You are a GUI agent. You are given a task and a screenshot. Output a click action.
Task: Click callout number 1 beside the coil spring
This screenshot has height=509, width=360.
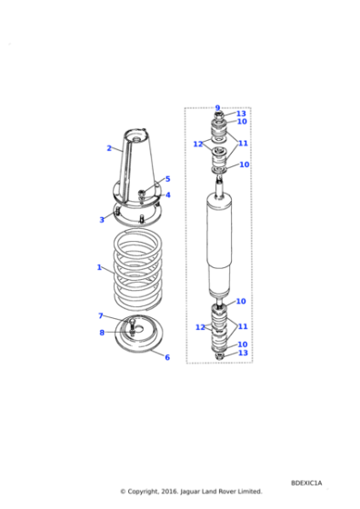click(99, 267)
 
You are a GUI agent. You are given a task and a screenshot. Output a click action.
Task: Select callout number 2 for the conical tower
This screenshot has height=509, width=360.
click(108, 148)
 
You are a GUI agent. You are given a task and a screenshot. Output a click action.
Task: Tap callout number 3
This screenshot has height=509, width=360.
click(102, 219)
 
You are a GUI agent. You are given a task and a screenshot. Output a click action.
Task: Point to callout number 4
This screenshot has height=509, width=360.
click(167, 195)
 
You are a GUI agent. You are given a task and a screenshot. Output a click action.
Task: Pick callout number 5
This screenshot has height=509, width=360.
click(167, 179)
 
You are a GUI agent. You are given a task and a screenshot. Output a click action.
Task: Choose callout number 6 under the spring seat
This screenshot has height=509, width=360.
click(166, 357)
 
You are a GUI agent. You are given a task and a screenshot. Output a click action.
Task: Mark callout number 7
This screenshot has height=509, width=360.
click(101, 315)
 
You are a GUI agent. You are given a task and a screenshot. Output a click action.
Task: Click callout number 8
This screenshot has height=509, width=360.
click(101, 333)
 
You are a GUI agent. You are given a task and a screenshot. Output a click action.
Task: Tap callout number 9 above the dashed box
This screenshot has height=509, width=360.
click(217, 107)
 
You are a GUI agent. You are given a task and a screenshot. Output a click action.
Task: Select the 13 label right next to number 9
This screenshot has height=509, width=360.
click(242, 114)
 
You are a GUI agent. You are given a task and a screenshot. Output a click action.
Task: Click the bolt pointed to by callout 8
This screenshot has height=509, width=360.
click(132, 328)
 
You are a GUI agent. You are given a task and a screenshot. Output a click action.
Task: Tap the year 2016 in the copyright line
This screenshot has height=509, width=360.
click(167, 491)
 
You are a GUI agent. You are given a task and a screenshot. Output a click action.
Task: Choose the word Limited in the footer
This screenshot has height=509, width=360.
click(248, 491)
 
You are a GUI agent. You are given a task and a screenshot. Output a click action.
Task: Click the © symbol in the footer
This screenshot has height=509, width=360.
click(124, 491)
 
